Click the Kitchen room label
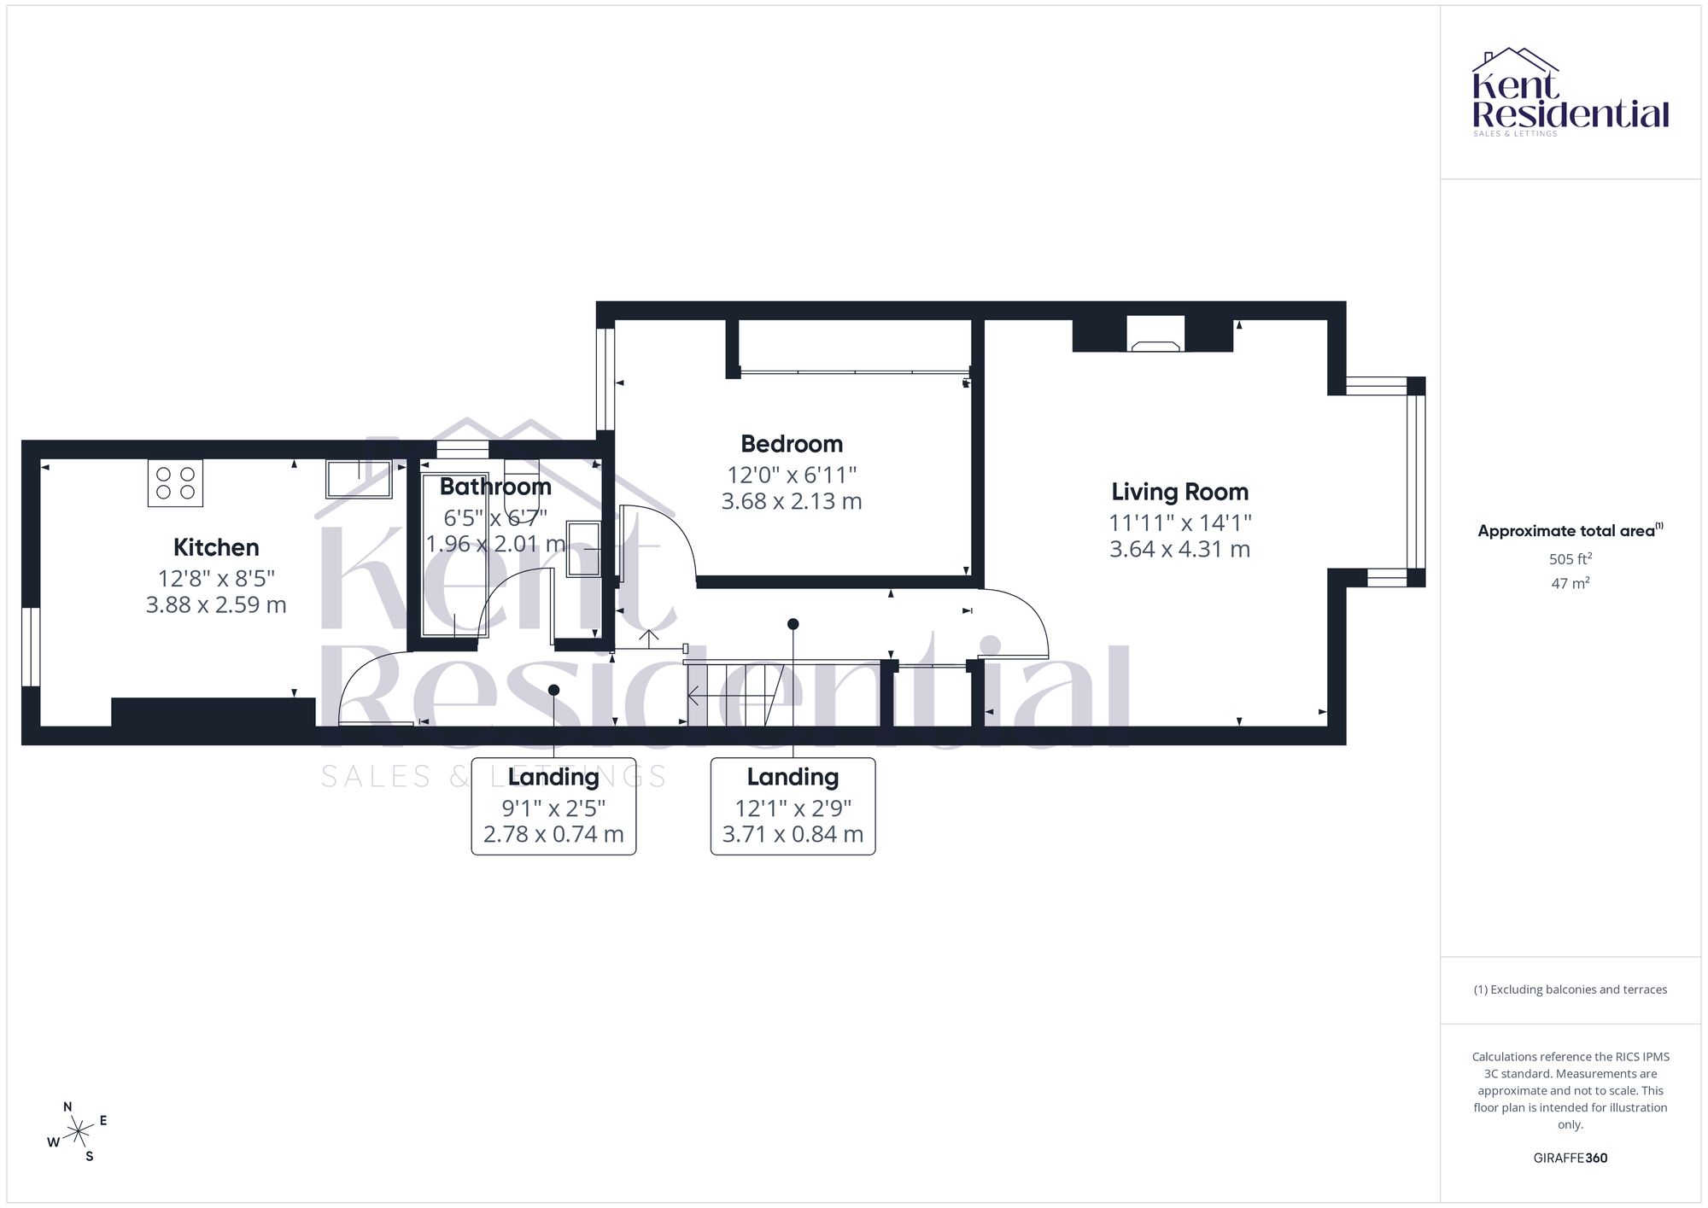[x=216, y=547]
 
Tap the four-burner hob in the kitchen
[x=175, y=483]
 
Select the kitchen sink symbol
[x=359, y=479]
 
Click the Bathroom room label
[x=495, y=487]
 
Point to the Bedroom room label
[x=792, y=444]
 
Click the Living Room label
[x=1180, y=492]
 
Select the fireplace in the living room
[x=1153, y=334]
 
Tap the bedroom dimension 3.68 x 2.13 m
[x=792, y=501]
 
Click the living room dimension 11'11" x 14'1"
[x=1180, y=522]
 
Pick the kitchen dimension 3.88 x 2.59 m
[x=216, y=605]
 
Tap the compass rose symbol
[x=78, y=1132]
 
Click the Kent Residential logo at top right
[x=1571, y=92]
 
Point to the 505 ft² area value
[x=1571, y=559]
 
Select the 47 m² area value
[x=1571, y=584]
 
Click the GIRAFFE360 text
[x=1571, y=1158]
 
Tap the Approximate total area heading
[x=1571, y=530]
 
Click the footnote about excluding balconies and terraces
[x=1571, y=989]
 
